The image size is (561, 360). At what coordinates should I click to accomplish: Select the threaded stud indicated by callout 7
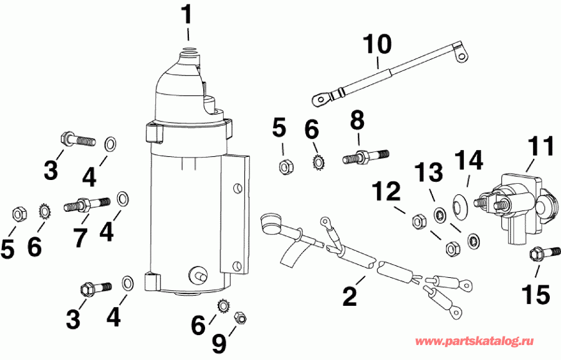coord(86,204)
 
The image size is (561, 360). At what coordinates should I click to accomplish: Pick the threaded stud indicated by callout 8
coord(365,156)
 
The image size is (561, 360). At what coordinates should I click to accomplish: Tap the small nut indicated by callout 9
coord(238,318)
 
